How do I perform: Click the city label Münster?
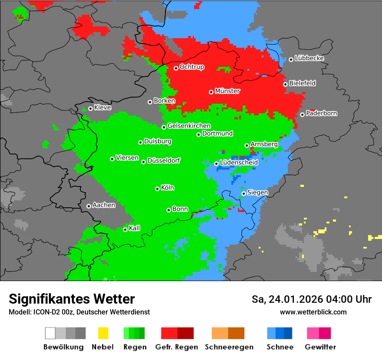227,91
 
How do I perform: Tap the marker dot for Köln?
158,189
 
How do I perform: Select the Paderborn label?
321,113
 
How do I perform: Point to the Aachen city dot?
89,206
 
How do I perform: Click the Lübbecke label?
309,58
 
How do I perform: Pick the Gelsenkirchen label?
189,126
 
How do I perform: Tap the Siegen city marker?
244,193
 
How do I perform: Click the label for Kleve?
102,108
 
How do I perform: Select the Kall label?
135,228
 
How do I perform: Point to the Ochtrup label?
192,67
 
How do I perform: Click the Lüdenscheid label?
239,162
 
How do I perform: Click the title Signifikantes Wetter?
72,299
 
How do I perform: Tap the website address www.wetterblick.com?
313,312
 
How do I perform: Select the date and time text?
311,299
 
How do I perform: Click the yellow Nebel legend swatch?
103,333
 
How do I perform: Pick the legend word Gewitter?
320,347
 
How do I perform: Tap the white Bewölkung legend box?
50,333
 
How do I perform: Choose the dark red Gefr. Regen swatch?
185,333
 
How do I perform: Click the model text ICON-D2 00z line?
79,312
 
